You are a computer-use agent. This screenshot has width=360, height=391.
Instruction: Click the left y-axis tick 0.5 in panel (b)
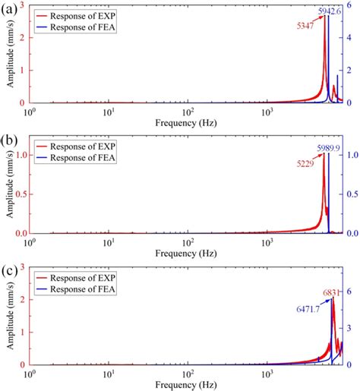[20, 194]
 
